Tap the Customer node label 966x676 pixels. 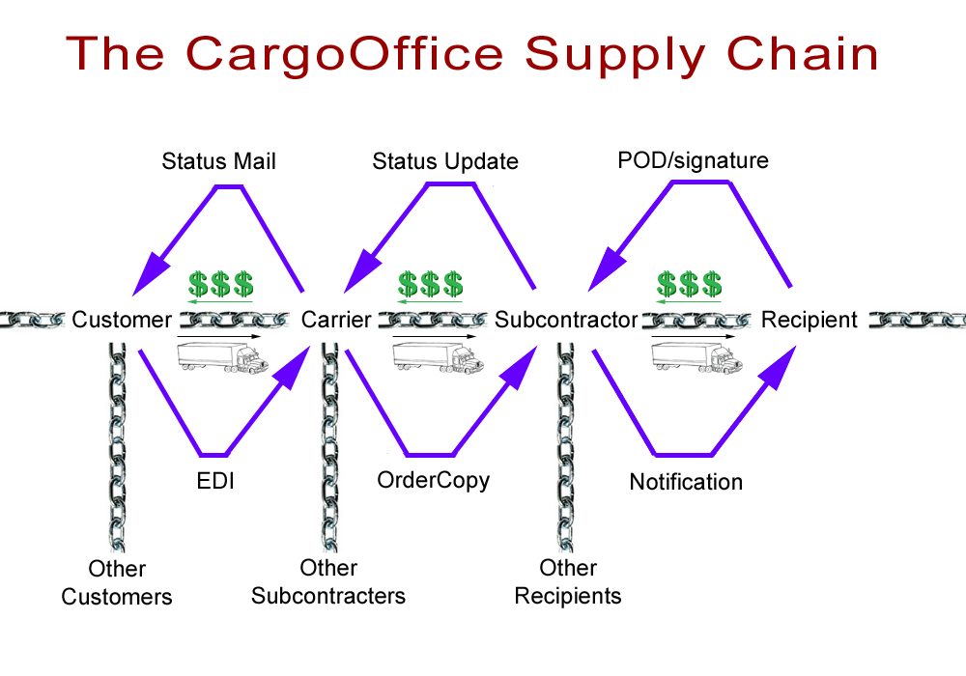pos(122,320)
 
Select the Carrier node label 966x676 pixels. pos(336,320)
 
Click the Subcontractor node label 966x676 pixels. pos(566,320)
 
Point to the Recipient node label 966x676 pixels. pos(810,320)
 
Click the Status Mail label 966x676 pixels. pos(218,161)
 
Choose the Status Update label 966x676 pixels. pos(445,161)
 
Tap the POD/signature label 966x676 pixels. pos(693,159)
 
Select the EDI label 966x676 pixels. pos(212,480)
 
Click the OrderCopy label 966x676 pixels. pos(434,480)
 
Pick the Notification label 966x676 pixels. pos(686,481)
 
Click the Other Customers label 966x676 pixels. pos(117,582)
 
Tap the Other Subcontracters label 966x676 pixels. pos(328,581)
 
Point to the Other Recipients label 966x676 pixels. pos(568,581)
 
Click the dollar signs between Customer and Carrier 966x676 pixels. pos(220,284)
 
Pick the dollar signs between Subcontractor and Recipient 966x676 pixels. pos(689,284)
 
